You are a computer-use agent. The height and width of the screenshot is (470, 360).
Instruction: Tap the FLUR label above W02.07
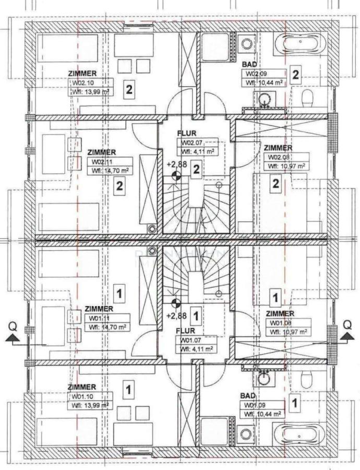click(187, 133)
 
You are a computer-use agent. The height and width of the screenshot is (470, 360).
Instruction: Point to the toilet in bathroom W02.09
click(308, 97)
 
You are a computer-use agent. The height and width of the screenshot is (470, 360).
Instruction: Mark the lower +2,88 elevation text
click(176, 316)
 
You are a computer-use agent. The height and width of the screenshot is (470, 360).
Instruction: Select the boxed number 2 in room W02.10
click(128, 89)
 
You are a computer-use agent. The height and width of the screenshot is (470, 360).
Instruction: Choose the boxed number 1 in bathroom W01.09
click(295, 403)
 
